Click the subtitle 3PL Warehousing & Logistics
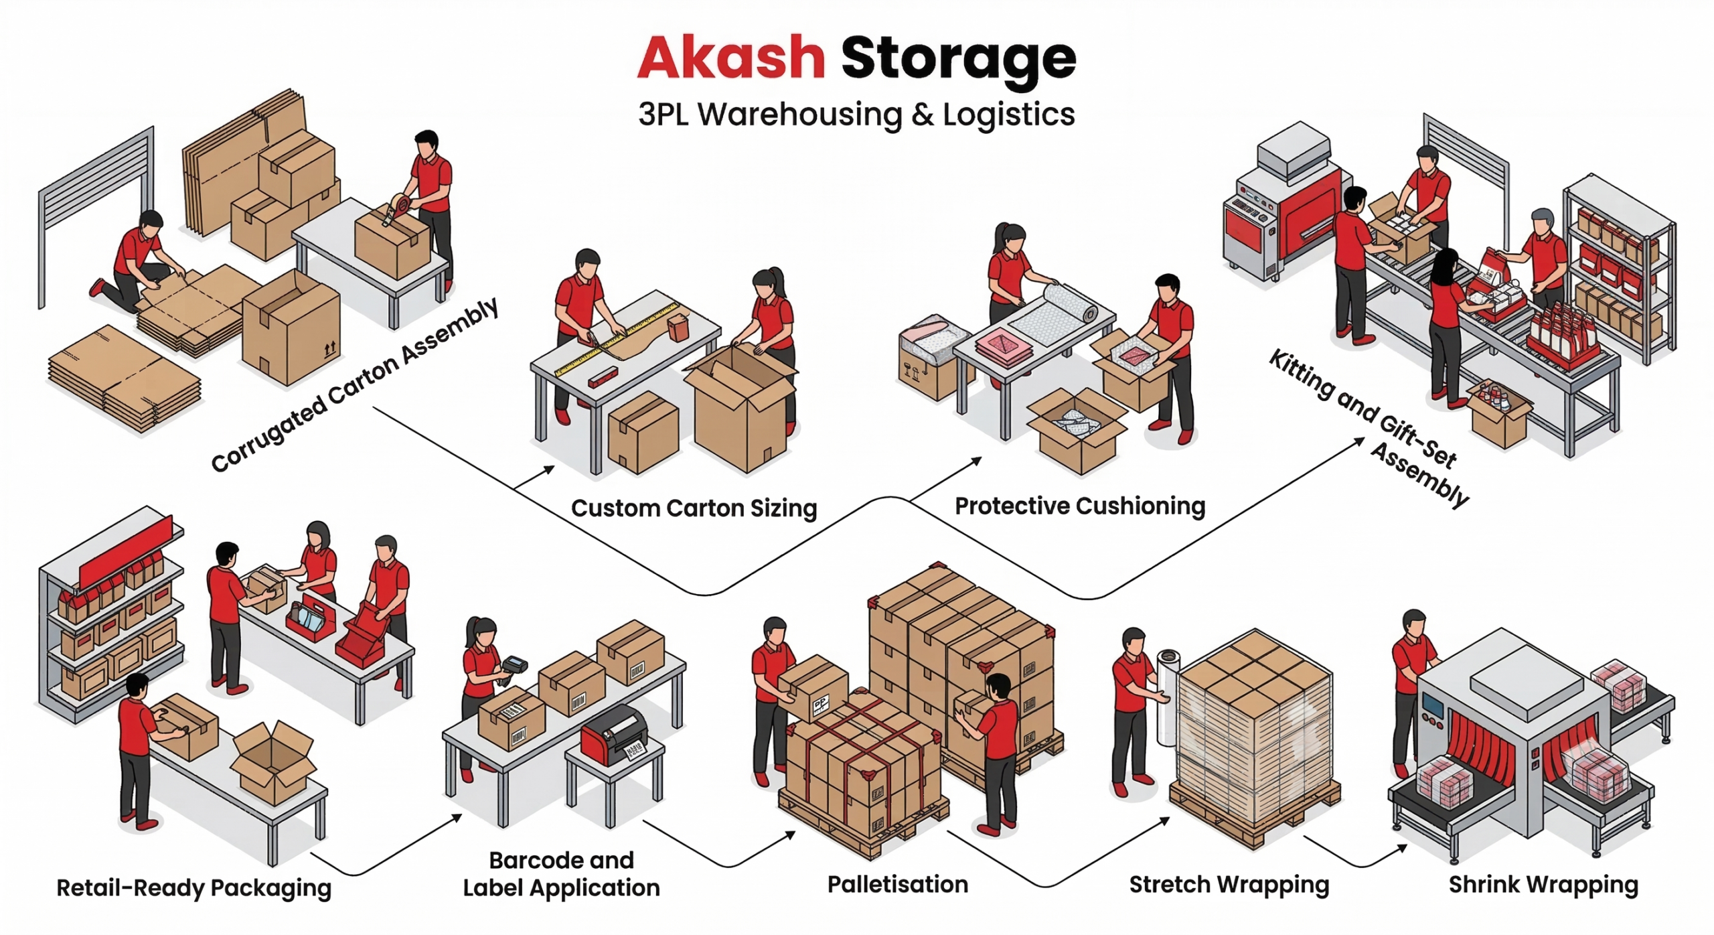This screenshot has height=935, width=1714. [x=856, y=114]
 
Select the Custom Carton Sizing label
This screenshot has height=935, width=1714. [x=694, y=508]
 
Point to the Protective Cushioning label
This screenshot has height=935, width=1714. [x=1079, y=506]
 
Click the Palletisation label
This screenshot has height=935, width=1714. [x=897, y=884]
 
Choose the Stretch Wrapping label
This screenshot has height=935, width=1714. [x=1229, y=885]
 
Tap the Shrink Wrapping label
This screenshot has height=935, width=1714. [x=1543, y=885]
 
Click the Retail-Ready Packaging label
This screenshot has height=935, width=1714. [x=193, y=888]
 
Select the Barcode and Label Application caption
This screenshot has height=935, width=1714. [x=561, y=874]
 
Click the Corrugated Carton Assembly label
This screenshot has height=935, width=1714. [x=355, y=385]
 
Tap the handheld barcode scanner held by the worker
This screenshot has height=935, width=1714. [x=514, y=666]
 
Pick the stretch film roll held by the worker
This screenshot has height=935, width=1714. [x=1168, y=697]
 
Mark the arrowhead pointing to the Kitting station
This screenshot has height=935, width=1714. [x=1358, y=441]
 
